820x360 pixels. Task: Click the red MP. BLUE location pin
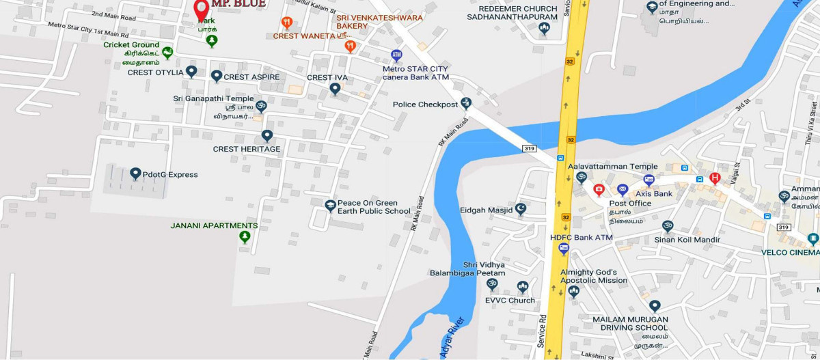201,10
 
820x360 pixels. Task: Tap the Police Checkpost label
424,105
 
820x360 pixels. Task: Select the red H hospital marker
715,178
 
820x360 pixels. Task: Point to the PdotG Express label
170,175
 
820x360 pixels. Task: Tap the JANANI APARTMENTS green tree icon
245,236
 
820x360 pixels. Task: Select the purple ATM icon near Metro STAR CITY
396,55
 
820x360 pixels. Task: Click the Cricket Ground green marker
167,52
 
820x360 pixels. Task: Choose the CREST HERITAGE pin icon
267,136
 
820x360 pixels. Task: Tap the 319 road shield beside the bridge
529,148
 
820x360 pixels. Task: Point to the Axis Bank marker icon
649,180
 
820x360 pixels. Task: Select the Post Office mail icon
622,190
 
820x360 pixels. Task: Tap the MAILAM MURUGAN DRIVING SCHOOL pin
655,306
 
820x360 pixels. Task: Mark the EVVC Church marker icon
523,286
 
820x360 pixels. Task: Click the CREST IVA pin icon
335,89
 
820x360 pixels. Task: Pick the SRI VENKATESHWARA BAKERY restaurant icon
351,46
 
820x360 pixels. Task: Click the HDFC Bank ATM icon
564,249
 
